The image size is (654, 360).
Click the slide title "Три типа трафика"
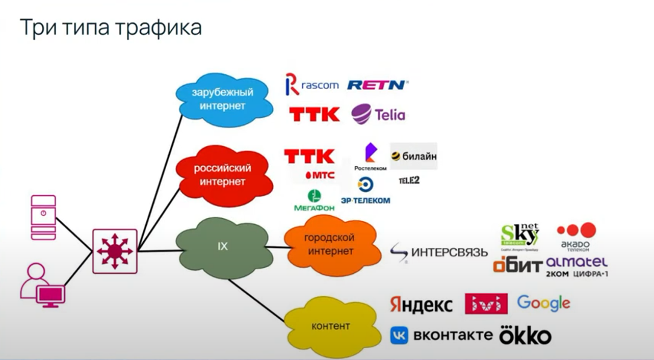pos(110,28)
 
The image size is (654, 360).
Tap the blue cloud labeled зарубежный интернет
pos(222,99)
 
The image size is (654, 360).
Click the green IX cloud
pos(222,247)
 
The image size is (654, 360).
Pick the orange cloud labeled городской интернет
pos(329,245)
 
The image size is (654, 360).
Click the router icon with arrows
pos(115,251)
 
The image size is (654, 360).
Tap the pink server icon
pos(43,217)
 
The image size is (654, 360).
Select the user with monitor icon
pos(43,286)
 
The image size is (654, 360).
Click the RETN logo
pos(378,85)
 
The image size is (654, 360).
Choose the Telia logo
pos(378,114)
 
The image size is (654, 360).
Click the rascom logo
pos(312,85)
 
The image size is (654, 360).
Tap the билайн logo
pos(413,157)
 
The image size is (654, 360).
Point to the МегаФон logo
pos(314,201)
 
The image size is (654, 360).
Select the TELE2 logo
pos(409,180)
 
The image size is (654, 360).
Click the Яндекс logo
pos(421,304)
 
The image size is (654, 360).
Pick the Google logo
pos(543,303)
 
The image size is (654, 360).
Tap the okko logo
pos(525,335)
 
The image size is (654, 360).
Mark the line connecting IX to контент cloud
pos(256,300)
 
